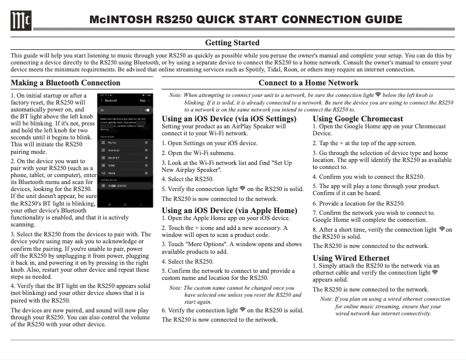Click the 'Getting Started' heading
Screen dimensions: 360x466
232,43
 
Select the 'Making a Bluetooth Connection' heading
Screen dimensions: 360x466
66,82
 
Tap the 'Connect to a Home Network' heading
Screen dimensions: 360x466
309,82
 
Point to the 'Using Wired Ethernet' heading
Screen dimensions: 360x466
351,257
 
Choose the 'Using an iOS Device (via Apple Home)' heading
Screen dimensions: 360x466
229,210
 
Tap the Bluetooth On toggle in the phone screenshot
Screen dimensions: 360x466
147,110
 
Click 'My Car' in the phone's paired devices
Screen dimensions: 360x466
112,142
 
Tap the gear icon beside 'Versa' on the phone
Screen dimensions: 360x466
146,172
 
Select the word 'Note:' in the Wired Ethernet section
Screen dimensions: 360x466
327,299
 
